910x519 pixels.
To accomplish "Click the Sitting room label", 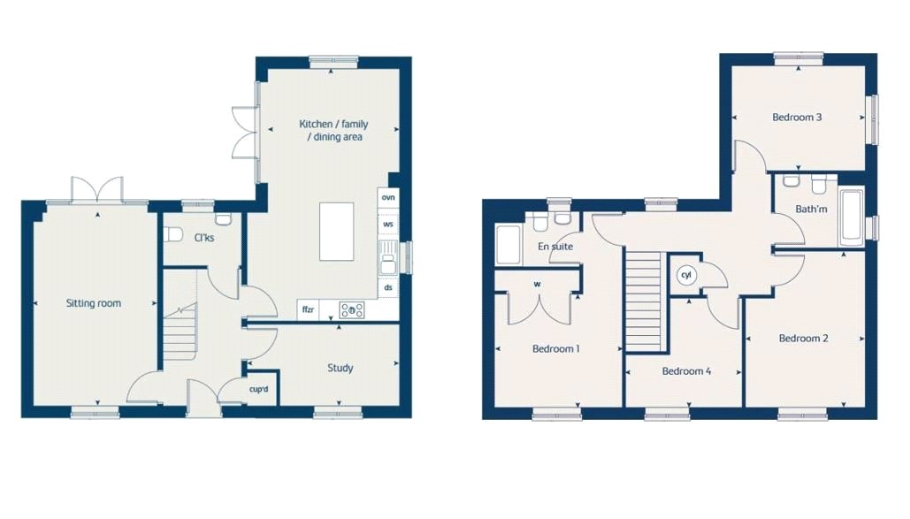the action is click(x=94, y=303).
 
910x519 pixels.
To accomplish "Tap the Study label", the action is click(x=340, y=368).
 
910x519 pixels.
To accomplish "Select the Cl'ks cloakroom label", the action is click(x=204, y=238).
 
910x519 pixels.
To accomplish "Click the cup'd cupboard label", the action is click(x=259, y=389).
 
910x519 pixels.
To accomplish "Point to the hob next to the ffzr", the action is click(x=352, y=310).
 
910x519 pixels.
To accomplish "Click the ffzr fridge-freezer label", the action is click(x=308, y=310).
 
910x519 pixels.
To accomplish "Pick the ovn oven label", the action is click(x=388, y=197).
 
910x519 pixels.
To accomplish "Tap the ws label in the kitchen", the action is click(x=388, y=224).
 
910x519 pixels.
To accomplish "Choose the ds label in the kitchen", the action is click(x=388, y=287).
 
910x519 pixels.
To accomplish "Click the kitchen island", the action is click(x=337, y=232).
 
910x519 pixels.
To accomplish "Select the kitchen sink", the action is click(x=388, y=257).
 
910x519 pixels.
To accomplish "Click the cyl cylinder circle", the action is click(x=686, y=275).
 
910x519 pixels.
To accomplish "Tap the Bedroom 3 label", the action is click(x=797, y=118).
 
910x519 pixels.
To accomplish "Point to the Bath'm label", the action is click(x=811, y=209).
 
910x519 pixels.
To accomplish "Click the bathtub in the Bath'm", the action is click(x=852, y=217).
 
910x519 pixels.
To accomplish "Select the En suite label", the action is click(x=555, y=247).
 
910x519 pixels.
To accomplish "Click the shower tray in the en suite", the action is click(x=509, y=245).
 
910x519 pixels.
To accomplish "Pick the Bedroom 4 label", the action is click(x=686, y=371).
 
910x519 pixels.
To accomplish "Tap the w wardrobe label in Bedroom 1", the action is click(x=538, y=285).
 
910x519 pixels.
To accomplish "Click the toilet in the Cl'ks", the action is click(x=172, y=235).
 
